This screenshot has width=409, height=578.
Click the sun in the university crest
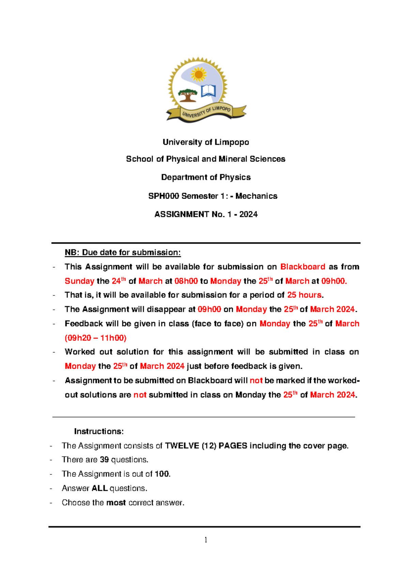(x=199, y=74)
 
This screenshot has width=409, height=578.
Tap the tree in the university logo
(x=187, y=95)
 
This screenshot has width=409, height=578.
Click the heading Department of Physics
(x=206, y=177)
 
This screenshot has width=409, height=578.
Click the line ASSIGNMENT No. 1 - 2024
(x=206, y=214)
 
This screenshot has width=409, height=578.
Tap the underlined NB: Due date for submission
(x=123, y=253)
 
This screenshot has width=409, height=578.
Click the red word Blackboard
(x=302, y=267)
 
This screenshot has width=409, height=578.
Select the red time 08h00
(x=186, y=281)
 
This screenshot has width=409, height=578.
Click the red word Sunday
(x=79, y=281)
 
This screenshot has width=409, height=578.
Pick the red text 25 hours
(x=304, y=295)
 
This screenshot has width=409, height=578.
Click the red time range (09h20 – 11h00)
(x=95, y=338)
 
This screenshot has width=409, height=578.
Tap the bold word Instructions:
(x=99, y=431)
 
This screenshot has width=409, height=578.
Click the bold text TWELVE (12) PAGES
(x=206, y=446)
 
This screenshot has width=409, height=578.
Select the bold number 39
(x=104, y=460)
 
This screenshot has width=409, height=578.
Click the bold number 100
(x=162, y=474)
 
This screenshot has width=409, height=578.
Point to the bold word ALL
(x=100, y=488)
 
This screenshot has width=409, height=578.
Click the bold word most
(x=116, y=503)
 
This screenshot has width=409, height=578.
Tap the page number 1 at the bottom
(x=206, y=540)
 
